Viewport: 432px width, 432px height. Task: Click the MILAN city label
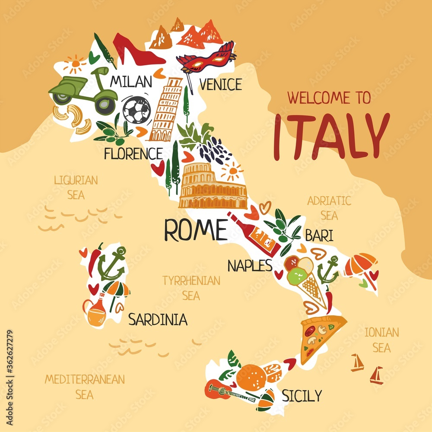pos(131,81)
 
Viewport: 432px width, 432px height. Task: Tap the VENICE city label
pos(220,84)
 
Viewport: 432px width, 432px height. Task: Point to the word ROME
pos(195,230)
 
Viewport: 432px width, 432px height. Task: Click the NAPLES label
pos(250,265)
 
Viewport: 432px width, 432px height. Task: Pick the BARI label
pos(319,235)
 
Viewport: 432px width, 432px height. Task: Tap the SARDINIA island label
pos(158,320)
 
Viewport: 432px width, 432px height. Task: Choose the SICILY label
pos(302,395)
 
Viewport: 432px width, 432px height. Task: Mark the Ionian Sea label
pos(381,340)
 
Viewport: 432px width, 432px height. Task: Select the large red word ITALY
pos(331,136)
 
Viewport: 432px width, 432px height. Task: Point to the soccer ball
pos(137,109)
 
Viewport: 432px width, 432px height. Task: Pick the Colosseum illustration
pos(212,187)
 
